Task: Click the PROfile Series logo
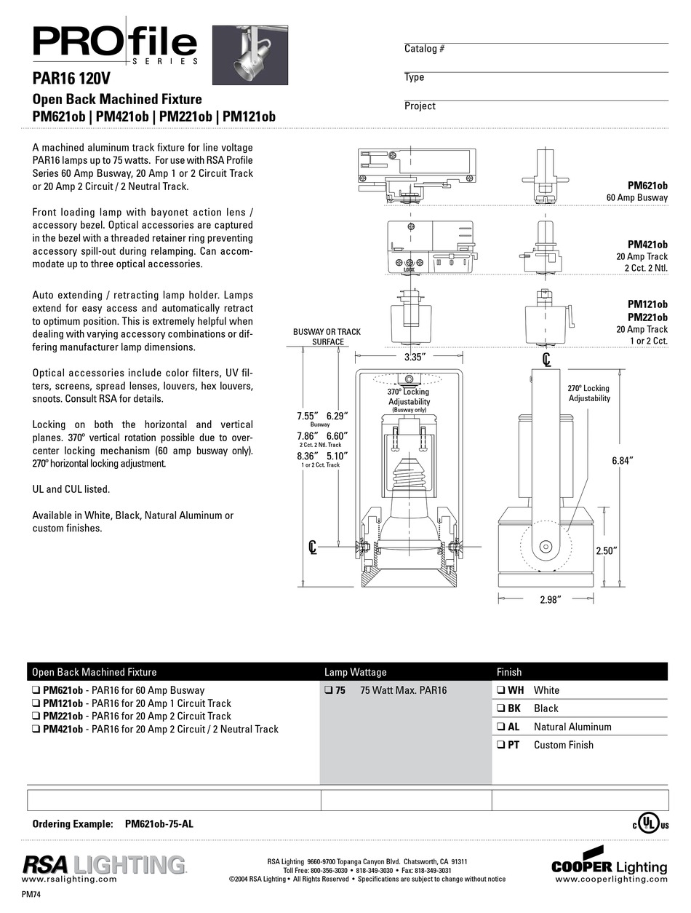pyautogui.click(x=115, y=45)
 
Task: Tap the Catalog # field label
pyautogui.click(x=424, y=49)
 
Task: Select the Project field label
pyautogui.click(x=420, y=106)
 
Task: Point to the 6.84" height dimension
pyautogui.click(x=621, y=460)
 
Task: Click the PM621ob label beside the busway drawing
pyautogui.click(x=647, y=186)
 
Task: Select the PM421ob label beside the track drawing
pyautogui.click(x=647, y=245)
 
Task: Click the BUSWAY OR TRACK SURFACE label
pyautogui.click(x=327, y=336)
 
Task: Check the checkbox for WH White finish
pyautogui.click(x=501, y=690)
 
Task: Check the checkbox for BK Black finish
pyautogui.click(x=501, y=708)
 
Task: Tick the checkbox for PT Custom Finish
pyautogui.click(x=501, y=745)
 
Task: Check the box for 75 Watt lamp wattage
pyautogui.click(x=329, y=690)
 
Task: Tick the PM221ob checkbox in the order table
pyautogui.click(x=36, y=716)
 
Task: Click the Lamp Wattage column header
pyautogui.click(x=355, y=672)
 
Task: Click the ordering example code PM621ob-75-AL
pyautogui.click(x=159, y=824)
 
